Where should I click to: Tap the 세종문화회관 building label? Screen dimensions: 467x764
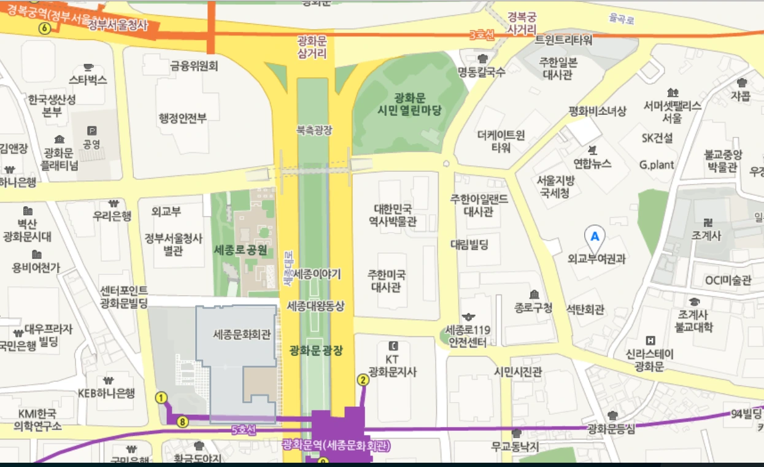click(242, 335)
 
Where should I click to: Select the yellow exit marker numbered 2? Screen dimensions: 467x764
click(363, 380)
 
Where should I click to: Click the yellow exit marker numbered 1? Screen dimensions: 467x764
click(162, 398)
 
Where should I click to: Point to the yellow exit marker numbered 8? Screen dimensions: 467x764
click(182, 422)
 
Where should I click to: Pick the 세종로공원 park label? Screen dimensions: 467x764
click(241, 250)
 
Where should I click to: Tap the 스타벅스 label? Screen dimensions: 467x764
click(88, 80)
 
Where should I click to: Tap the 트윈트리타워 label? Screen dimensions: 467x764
click(564, 41)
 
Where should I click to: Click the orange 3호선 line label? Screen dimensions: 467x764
click(481, 35)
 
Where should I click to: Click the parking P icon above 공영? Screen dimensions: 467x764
click(93, 130)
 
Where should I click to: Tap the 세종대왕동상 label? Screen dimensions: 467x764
click(315, 305)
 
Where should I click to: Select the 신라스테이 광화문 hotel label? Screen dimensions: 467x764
click(650, 360)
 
